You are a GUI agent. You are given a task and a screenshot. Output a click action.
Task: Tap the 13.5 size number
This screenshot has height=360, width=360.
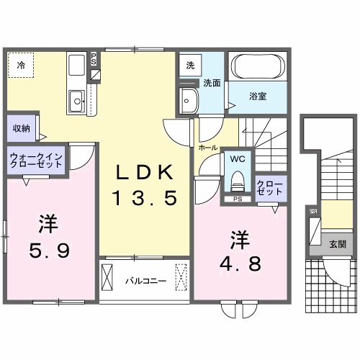click(x=144, y=197)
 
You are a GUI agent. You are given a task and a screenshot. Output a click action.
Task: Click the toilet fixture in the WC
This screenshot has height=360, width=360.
click(x=237, y=179)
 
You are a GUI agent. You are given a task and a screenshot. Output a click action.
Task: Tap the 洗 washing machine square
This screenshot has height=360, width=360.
click(x=190, y=66)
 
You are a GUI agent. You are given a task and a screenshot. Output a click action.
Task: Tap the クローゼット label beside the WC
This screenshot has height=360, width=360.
click(x=270, y=188)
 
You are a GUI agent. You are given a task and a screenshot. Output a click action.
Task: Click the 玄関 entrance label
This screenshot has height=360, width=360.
click(x=336, y=244)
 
